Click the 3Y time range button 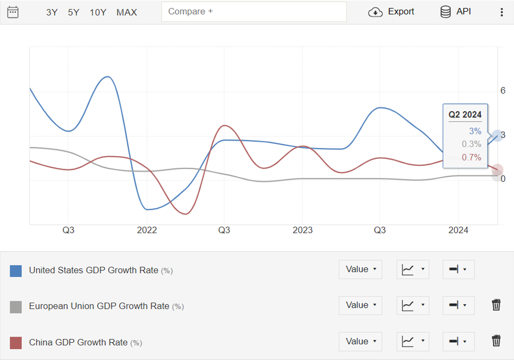coord(52,12)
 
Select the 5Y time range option coord(74,12)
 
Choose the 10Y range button coord(98,12)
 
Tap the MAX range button coord(127,12)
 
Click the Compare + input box coord(253,12)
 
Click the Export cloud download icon coord(375,12)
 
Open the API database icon coord(445,12)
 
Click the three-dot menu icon coord(502,12)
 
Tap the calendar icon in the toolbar coord(13,12)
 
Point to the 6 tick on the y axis coord(503,91)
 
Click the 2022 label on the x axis coord(147,230)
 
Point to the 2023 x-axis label coord(303,230)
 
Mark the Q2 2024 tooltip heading coord(465,115)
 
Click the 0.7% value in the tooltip coord(471,157)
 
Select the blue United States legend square coord(16,271)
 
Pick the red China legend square coord(16,343)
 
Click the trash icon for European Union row coord(496,305)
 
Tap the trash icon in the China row coord(496,341)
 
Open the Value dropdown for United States coord(360,269)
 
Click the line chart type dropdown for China coord(413,341)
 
